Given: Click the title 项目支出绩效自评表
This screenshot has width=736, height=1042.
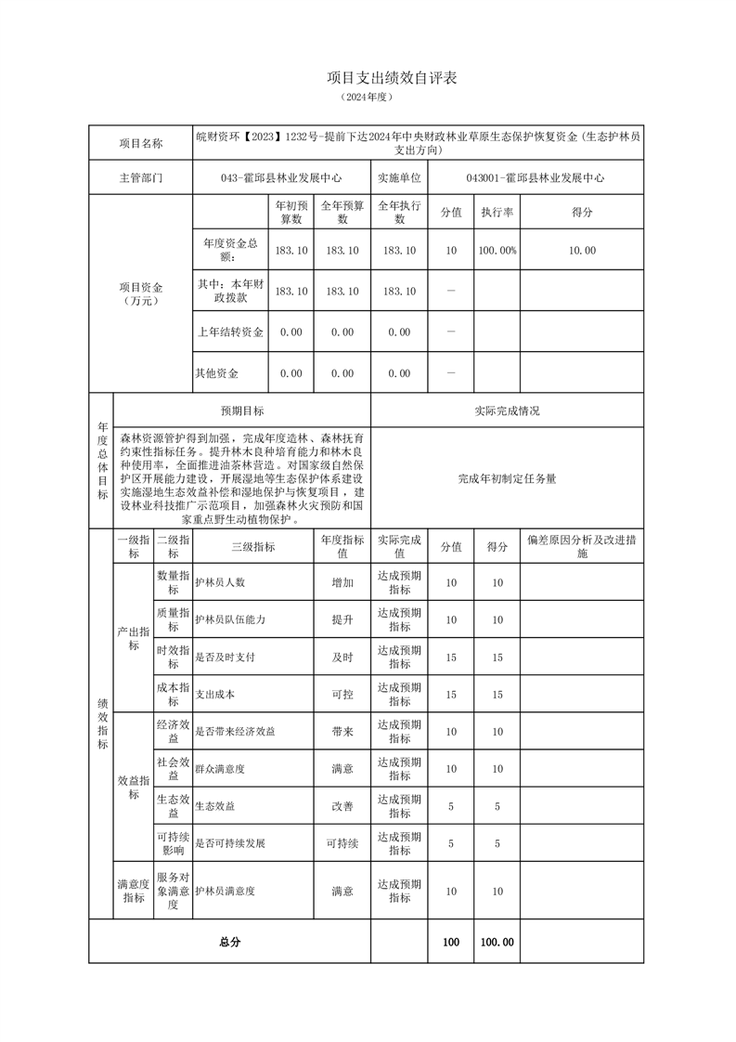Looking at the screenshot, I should (x=393, y=78).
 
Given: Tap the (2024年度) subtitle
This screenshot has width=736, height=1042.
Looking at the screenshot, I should (x=368, y=98).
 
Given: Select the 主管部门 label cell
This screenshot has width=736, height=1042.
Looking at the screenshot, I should (x=140, y=177).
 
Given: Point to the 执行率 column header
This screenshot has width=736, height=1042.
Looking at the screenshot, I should (x=497, y=213).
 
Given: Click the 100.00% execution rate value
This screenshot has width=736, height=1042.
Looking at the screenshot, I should (x=497, y=251).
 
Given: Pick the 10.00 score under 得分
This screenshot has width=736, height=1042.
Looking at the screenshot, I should (x=582, y=251).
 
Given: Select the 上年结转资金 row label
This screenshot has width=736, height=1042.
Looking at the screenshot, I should (x=230, y=332).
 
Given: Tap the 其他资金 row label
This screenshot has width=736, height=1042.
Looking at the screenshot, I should (x=216, y=373).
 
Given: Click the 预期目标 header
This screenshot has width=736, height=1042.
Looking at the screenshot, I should (x=241, y=410).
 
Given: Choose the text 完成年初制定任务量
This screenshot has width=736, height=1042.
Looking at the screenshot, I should (x=507, y=479).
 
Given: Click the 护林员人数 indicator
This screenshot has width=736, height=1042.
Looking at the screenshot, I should (x=219, y=582).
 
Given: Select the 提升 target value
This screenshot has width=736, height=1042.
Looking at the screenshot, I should (x=342, y=619).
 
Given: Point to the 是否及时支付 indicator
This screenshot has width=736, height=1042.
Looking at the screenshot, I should (x=225, y=657).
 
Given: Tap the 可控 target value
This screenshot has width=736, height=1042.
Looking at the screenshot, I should (x=342, y=694).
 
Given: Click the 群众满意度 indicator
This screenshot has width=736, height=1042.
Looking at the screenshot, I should (x=219, y=769).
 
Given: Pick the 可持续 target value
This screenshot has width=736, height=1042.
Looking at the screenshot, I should (x=342, y=843).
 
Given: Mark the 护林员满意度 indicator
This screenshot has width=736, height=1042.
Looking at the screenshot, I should (x=225, y=891).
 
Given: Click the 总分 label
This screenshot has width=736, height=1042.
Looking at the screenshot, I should (x=229, y=942).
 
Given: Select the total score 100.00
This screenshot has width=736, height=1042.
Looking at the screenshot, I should (x=497, y=942).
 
